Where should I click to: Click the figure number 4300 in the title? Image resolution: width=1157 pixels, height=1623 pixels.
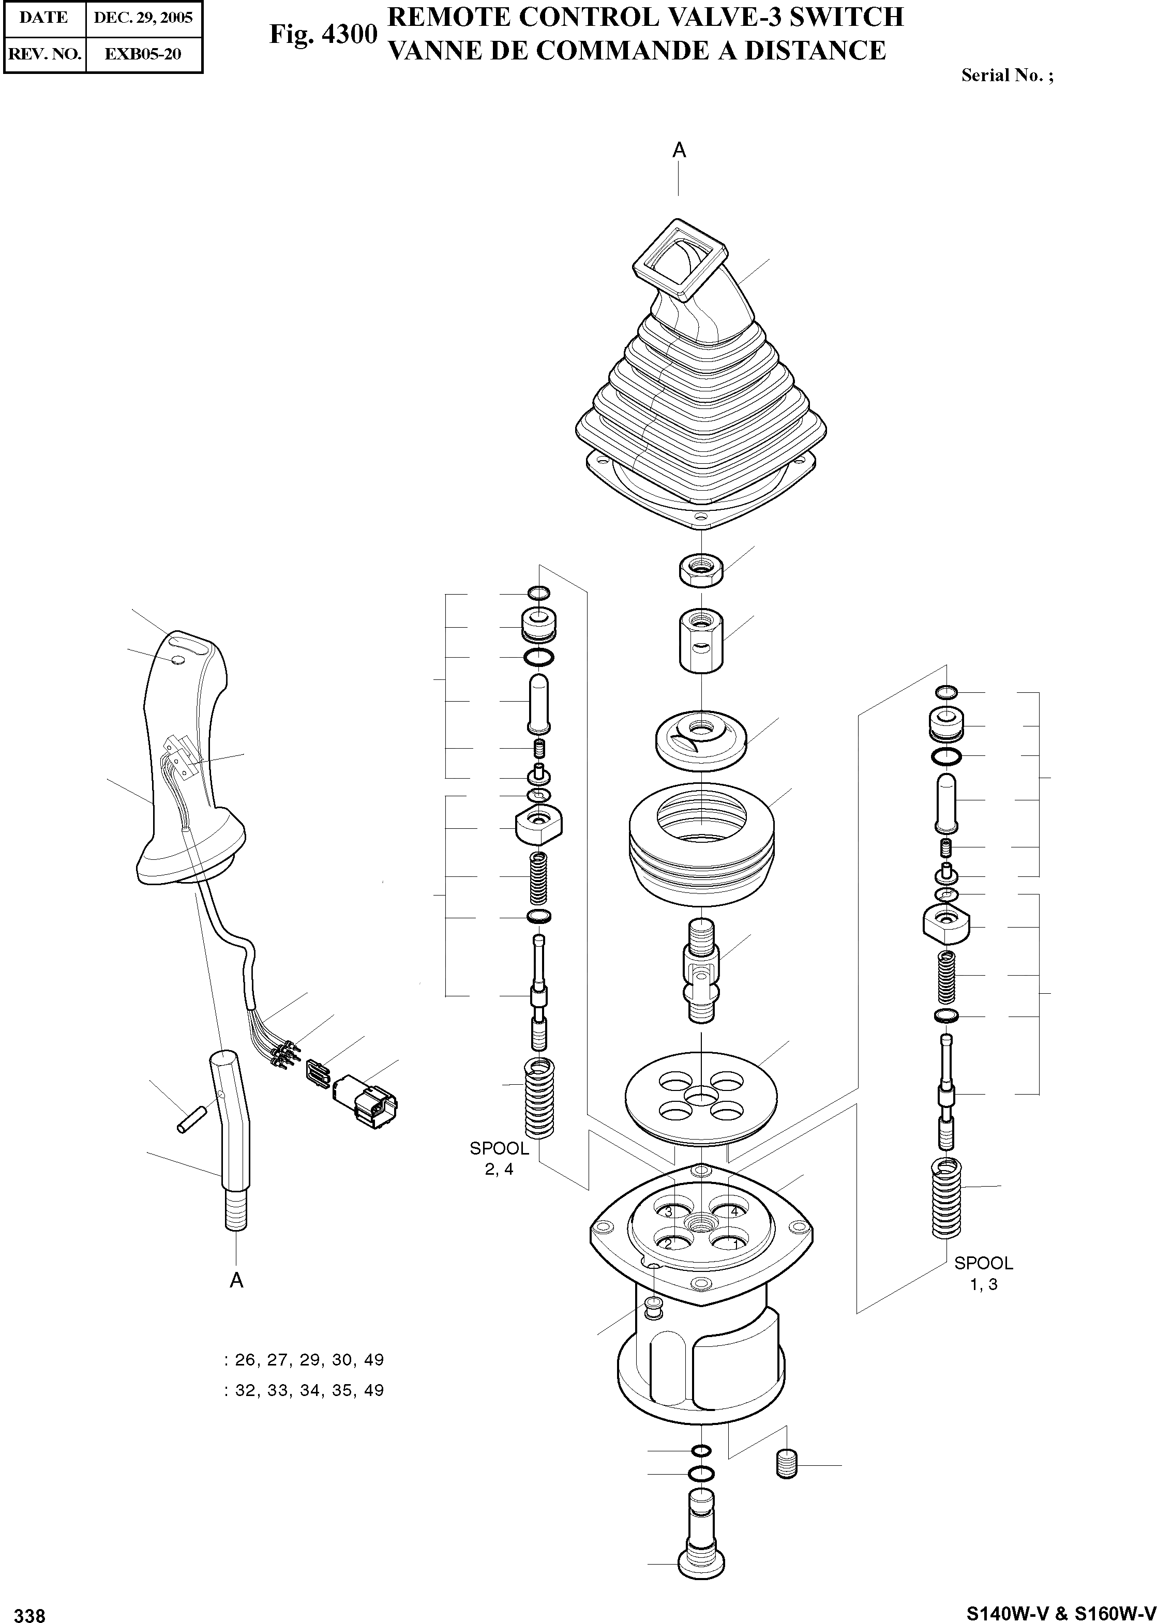[323, 34]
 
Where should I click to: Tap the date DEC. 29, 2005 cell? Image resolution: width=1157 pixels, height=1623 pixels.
[143, 18]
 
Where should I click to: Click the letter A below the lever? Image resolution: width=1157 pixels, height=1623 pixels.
[236, 1280]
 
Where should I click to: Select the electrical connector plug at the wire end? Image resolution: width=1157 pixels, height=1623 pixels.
[364, 1103]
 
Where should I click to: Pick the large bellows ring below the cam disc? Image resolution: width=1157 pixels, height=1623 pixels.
[701, 845]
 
